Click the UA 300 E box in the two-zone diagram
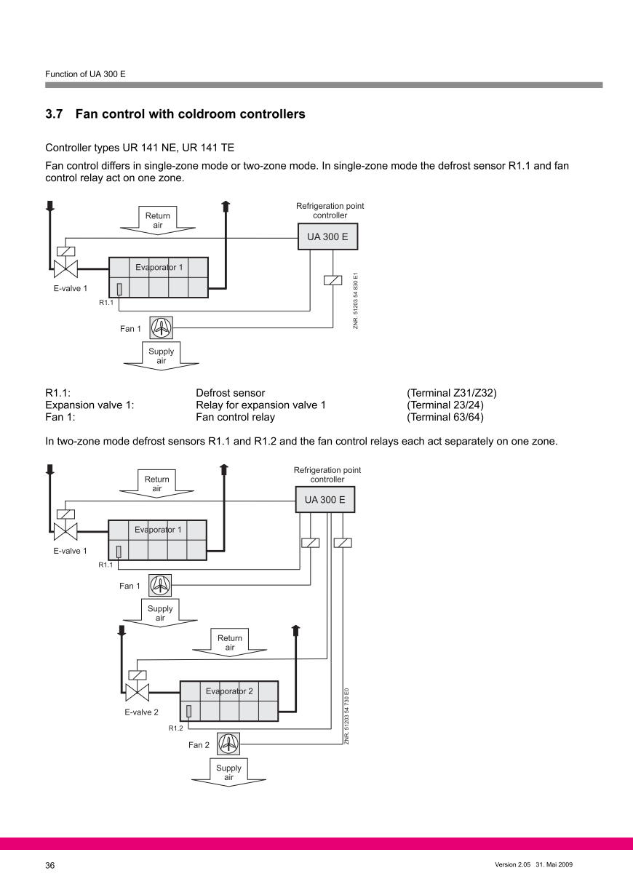[x=325, y=500]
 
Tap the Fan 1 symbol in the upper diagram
[x=161, y=328]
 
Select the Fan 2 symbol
[x=228, y=744]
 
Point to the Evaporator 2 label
[x=229, y=691]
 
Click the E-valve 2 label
[x=141, y=712]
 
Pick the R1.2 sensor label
[x=175, y=728]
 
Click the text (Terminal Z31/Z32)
[x=452, y=394]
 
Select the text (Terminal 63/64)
[x=445, y=417]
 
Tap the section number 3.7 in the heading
[x=55, y=114]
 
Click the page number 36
[x=50, y=865]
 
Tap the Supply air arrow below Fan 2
[x=228, y=774]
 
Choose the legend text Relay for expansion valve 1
[x=260, y=405]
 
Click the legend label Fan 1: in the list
[x=60, y=417]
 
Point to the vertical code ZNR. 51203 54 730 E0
[x=347, y=716]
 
